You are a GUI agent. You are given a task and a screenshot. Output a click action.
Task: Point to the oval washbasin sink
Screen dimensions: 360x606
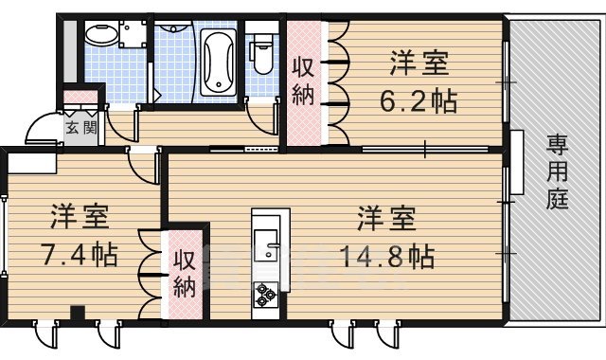pyautogui.click(x=98, y=35)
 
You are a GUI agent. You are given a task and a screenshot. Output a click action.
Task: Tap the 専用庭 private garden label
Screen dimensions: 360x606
pyautogui.click(x=557, y=171)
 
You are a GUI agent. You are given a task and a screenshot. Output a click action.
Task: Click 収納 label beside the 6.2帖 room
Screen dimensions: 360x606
pyautogui.click(x=303, y=83)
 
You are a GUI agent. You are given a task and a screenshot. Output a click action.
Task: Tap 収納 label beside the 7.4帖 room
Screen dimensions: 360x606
pyautogui.click(x=185, y=273)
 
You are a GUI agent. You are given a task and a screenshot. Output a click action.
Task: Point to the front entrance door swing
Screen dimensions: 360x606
pyautogui.click(x=43, y=127)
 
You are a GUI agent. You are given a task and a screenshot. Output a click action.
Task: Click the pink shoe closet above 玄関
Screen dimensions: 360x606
pyautogui.click(x=81, y=98)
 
